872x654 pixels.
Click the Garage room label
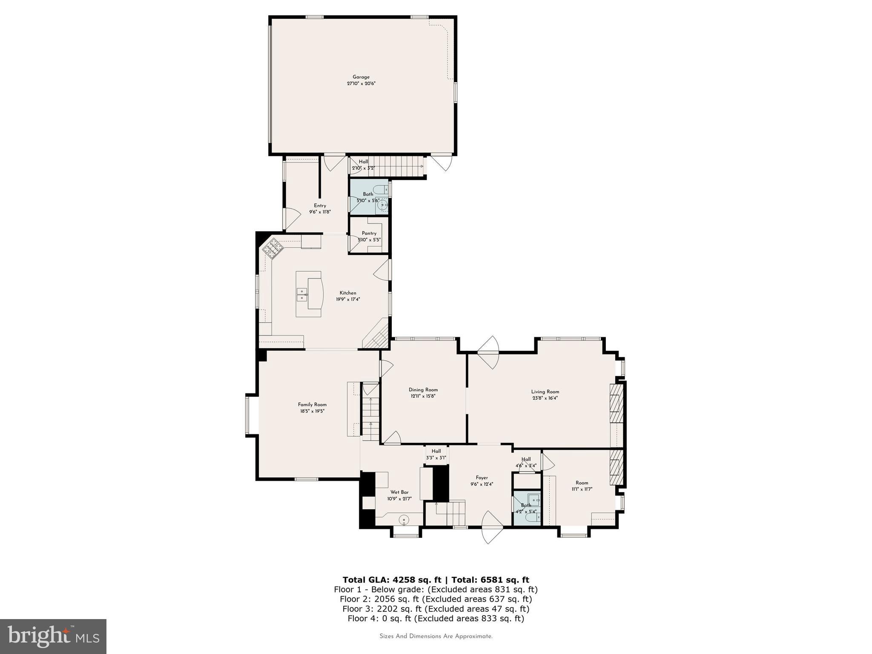[361, 77]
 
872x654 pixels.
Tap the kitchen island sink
[302, 295]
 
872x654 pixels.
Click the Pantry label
[369, 233]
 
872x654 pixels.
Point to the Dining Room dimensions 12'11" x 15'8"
[423, 396]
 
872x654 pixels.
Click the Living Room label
[545, 392]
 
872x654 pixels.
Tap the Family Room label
[312, 404]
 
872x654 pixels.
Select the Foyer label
[482, 478]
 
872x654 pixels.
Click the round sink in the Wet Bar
[404, 519]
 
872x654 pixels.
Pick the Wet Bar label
[399, 492]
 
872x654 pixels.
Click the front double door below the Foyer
[492, 528]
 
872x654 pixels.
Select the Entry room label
[320, 206]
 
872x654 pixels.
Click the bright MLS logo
[53, 636]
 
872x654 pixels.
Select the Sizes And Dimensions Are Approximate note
[436, 636]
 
